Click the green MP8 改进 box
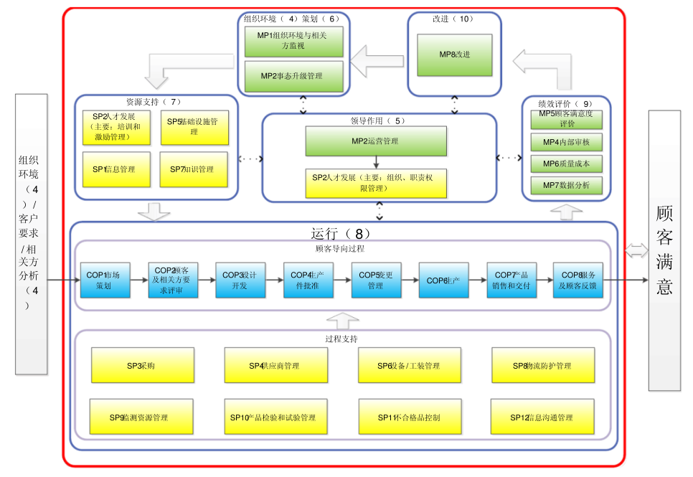[455, 55]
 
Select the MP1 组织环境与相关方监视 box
[294, 42]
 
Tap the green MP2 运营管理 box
[375, 141]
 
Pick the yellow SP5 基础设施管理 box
[194, 127]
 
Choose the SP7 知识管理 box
[194, 169]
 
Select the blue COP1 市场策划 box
[105, 280]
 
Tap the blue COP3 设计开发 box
[240, 280]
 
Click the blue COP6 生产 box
[443, 280]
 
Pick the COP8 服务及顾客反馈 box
[578, 280]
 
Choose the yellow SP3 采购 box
[142, 365]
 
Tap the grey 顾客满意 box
[664, 251]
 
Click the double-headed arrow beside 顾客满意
[636, 250]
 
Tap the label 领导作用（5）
[378, 121]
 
